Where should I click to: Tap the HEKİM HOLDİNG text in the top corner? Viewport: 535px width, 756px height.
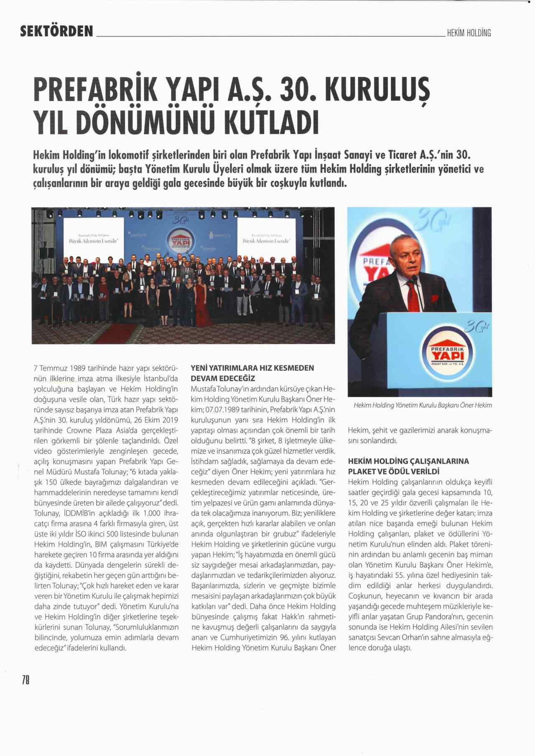[x=469, y=33]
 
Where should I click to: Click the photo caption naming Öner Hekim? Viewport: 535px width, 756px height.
[x=422, y=405]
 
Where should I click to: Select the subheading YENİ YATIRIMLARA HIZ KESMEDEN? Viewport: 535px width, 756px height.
[x=252, y=368]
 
